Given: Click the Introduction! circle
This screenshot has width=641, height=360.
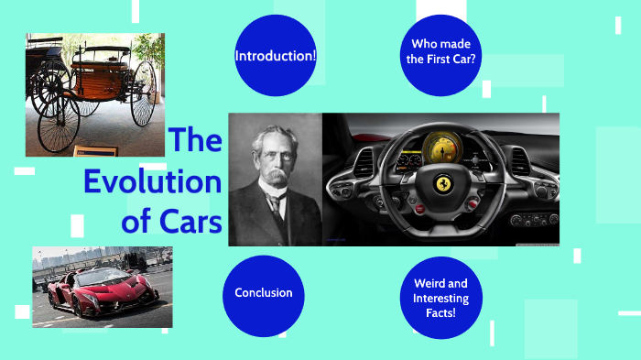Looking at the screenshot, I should pos(276,56).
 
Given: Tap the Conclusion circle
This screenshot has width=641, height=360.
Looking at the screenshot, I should pos(263,293).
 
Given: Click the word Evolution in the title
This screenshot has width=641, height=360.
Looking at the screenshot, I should pos(153,181).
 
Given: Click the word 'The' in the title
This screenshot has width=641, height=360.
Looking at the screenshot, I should pos(195,141).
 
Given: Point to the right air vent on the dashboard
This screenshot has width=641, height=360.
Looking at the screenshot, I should pos(521,161).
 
